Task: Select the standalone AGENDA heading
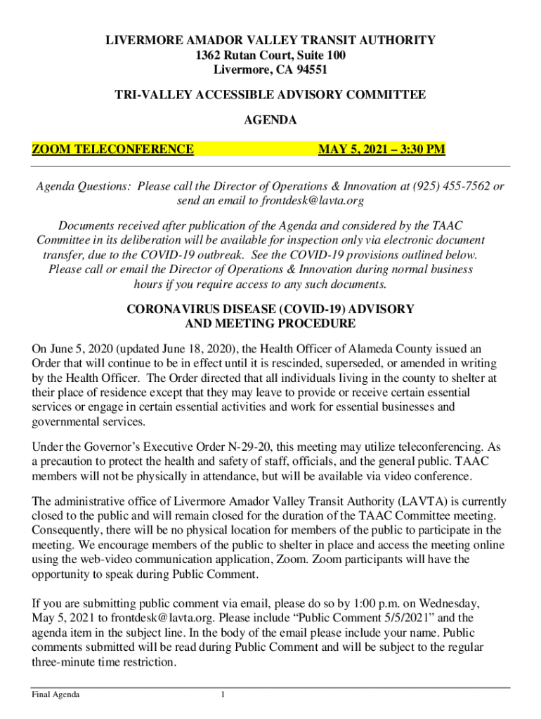[270, 121]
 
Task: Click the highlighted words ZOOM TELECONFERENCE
[113, 149]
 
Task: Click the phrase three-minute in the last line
[67, 662]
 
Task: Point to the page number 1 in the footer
[222, 695]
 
